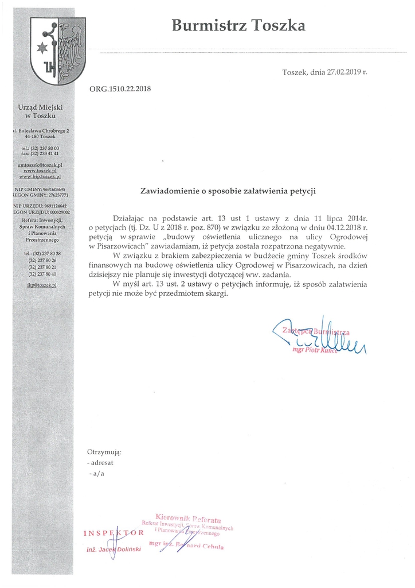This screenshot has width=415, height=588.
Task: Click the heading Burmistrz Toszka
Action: tap(238, 26)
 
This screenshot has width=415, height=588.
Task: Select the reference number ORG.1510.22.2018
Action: tap(120, 89)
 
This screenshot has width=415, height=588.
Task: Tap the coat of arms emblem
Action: tap(57, 51)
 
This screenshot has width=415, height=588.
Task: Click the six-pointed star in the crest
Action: tap(42, 46)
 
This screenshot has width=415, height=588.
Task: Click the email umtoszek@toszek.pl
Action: tap(40, 165)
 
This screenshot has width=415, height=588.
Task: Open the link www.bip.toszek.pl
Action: tap(40, 176)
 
